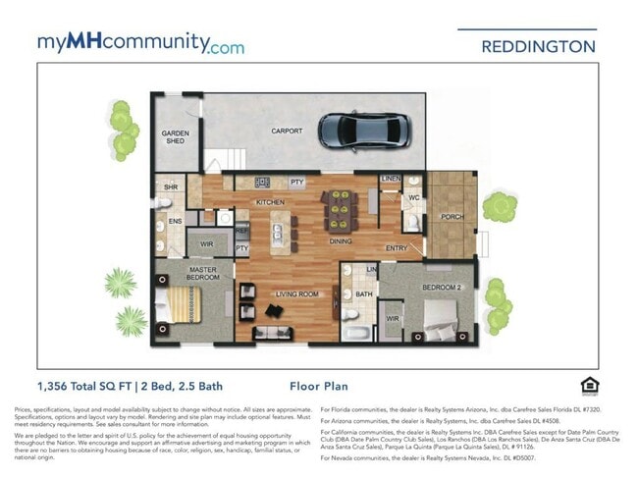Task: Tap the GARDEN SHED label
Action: (175, 136)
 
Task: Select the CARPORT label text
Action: (287, 131)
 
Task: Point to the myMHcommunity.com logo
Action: (140, 43)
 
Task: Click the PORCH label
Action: (452, 217)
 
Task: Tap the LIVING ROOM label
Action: (294, 293)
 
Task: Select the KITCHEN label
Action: (271, 202)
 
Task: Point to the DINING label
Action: (341, 240)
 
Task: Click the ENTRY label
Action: (397, 248)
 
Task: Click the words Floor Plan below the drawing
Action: (319, 387)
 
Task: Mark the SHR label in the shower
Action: (170, 186)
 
